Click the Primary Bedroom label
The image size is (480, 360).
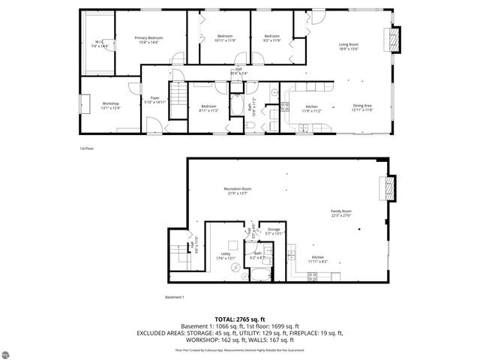[x=150, y=40]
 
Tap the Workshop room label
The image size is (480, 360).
[x=110, y=105]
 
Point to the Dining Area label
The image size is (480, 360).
[x=363, y=107]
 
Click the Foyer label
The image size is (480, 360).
[x=155, y=99]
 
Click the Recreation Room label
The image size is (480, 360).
[x=237, y=190]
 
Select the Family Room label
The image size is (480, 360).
[x=341, y=213]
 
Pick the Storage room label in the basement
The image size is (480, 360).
[x=274, y=231]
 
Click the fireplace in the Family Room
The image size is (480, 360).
[x=388, y=189]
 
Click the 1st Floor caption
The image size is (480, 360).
[x=87, y=148]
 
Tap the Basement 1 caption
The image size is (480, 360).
[x=174, y=298]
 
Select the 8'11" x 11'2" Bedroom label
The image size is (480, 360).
[x=208, y=108]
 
